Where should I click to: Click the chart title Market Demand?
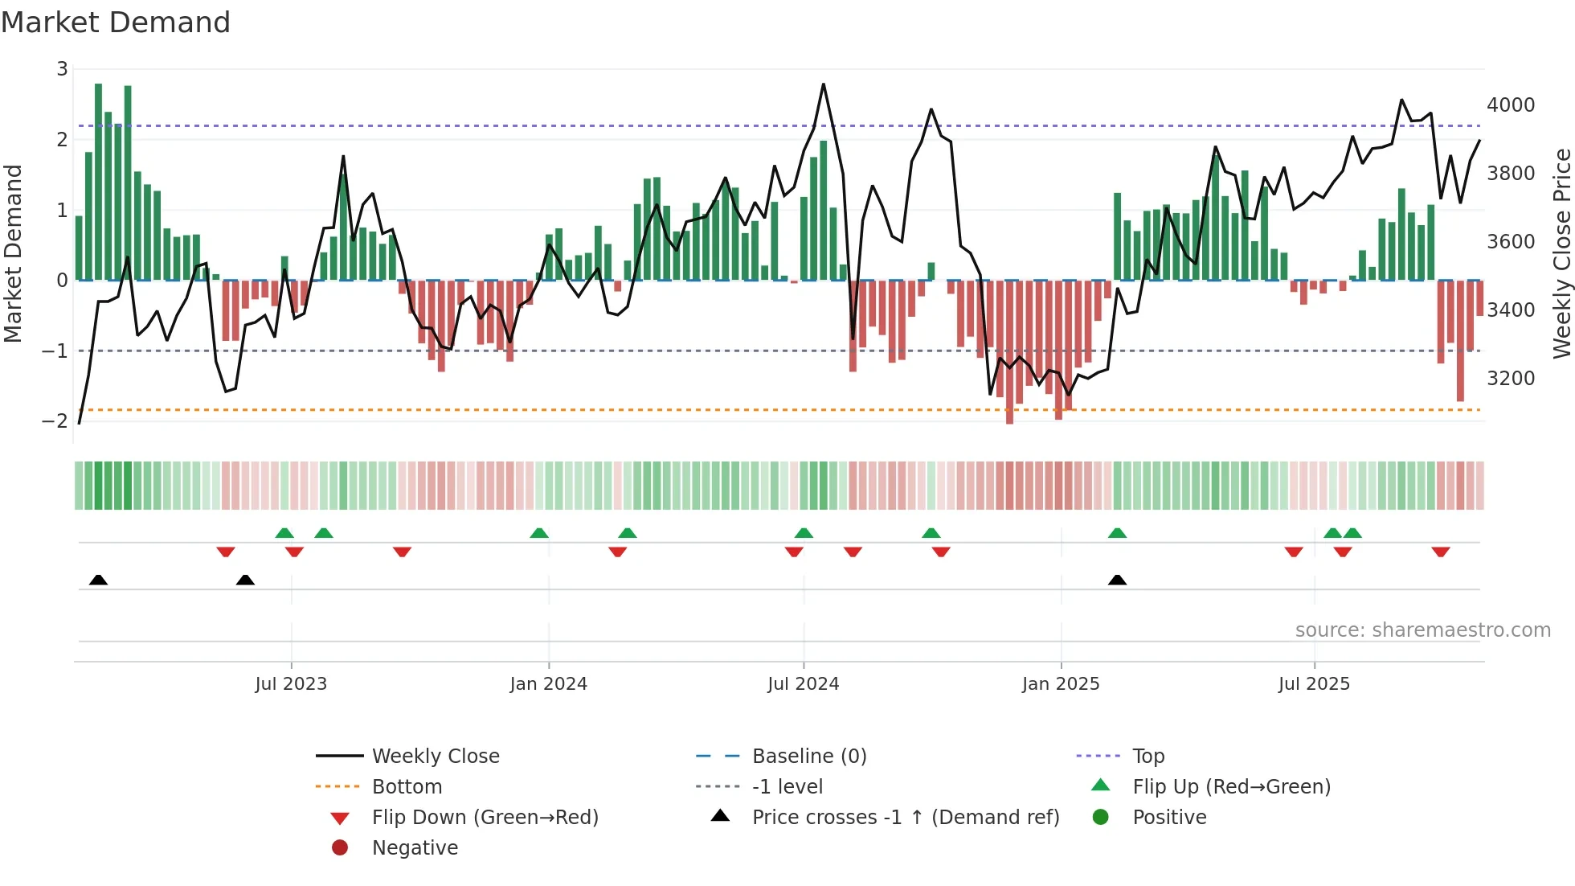pyautogui.click(x=116, y=23)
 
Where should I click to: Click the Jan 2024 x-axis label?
pyautogui.click(x=548, y=684)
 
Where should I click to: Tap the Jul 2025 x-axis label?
pyautogui.click(x=1314, y=684)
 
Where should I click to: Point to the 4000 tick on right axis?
pyautogui.click(x=1510, y=105)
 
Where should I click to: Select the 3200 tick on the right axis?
pyautogui.click(x=1510, y=378)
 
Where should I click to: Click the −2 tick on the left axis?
pyautogui.click(x=55, y=420)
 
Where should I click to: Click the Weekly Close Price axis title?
pyautogui.click(x=1561, y=253)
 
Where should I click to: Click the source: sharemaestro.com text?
pyautogui.click(x=1422, y=630)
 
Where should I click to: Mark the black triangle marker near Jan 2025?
pyautogui.click(x=1117, y=580)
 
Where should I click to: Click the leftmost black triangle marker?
pyautogui.click(x=98, y=580)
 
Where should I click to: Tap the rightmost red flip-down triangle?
pyautogui.click(x=1440, y=552)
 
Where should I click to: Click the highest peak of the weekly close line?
pyautogui.click(x=824, y=84)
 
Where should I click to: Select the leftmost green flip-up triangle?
pyautogui.click(x=284, y=533)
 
